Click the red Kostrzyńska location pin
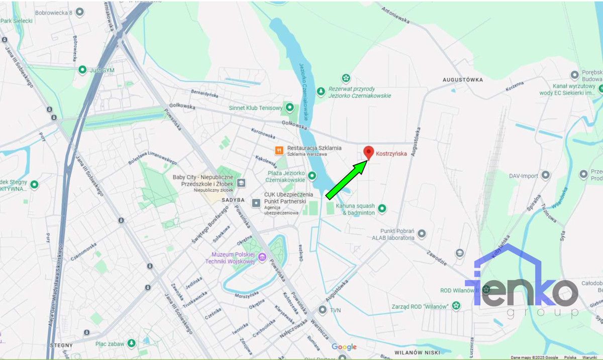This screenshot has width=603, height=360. click(x=368, y=152)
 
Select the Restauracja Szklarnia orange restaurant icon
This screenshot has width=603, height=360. click(x=278, y=150)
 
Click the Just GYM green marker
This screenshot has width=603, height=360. click(x=82, y=70)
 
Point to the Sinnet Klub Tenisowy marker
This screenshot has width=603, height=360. click(x=289, y=107)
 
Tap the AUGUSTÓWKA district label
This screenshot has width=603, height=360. click(x=462, y=80)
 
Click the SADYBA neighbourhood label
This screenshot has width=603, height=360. click(x=233, y=199)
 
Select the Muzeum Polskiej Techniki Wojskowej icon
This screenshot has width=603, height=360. click(x=262, y=258)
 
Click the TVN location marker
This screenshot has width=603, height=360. click(x=323, y=310)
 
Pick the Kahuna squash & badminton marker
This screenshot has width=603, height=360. click(x=382, y=208)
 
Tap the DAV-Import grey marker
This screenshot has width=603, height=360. click(x=546, y=176)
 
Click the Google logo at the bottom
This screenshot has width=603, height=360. click(x=344, y=347)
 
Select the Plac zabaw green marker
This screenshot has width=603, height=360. click(x=131, y=343)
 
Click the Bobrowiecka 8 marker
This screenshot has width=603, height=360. click(x=79, y=12)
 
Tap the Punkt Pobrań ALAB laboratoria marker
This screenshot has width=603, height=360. click(x=422, y=234)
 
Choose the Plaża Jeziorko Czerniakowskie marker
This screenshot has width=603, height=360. click(x=312, y=176)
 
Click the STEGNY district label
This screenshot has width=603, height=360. click(x=61, y=345)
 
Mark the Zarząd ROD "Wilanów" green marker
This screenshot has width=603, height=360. click(x=456, y=305)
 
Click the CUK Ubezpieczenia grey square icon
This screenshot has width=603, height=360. click(x=256, y=203)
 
